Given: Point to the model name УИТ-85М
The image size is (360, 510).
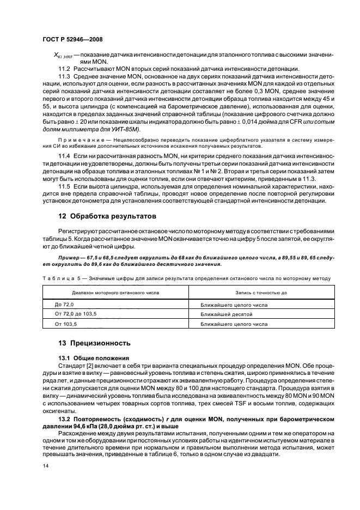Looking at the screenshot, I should pos(125,129).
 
